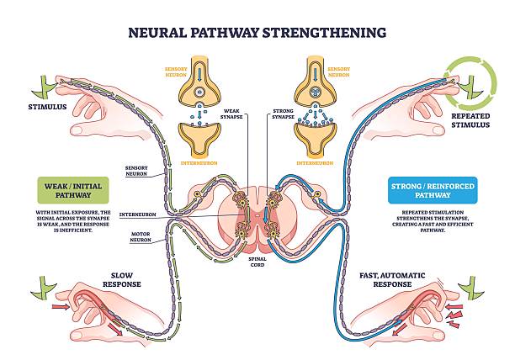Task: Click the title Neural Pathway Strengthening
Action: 257,33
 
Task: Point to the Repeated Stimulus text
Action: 470,119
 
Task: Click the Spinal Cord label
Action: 257,266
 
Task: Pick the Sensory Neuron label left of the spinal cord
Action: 137,172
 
